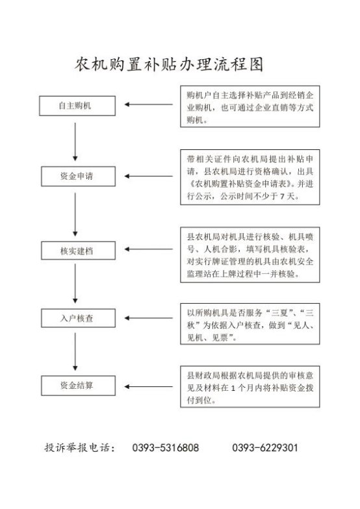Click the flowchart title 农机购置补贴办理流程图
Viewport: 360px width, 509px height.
point(169,64)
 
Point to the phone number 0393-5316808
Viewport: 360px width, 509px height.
point(165,448)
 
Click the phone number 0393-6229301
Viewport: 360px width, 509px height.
point(265,448)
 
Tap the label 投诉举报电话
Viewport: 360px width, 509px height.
point(79,448)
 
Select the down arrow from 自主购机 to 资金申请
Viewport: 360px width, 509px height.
point(75,142)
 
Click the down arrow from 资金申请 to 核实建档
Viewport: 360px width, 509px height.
point(75,214)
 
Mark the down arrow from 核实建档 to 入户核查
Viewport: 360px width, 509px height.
point(75,283)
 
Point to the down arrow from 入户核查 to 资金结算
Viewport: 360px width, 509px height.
point(75,352)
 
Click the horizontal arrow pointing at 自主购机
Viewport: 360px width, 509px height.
point(149,105)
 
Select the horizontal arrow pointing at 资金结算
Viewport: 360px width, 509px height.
point(149,387)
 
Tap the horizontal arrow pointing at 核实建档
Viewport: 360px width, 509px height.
point(149,249)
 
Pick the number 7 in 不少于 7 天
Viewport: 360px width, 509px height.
point(282,196)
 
